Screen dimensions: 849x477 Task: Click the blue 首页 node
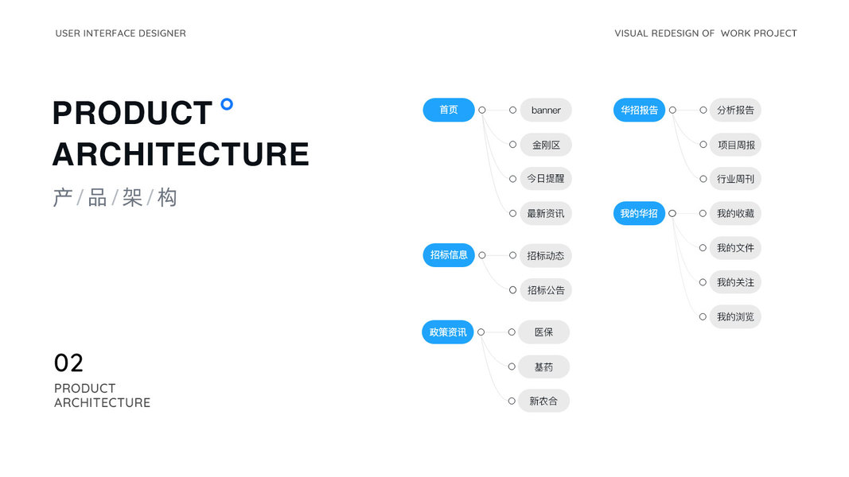(449, 110)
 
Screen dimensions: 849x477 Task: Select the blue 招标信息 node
(449, 255)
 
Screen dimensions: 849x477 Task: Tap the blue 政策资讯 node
(448, 332)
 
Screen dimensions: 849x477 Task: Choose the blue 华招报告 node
(639, 110)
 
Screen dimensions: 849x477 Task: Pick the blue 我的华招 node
(639, 213)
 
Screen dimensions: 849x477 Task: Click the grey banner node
(546, 110)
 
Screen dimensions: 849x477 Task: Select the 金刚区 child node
(546, 145)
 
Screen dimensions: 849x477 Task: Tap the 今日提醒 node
(546, 179)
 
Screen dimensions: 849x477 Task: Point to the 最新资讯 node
(546, 213)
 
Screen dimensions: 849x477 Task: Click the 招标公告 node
(546, 290)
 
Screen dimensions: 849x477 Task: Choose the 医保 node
(544, 332)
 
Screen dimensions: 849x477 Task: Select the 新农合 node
(544, 401)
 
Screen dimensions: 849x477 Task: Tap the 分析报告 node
(735, 110)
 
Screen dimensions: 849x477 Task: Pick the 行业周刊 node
(735, 179)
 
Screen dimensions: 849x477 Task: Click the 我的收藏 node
(735, 213)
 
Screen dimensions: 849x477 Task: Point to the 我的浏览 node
(735, 316)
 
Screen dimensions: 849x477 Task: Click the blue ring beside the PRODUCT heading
(227, 103)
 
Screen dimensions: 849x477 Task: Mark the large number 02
(68, 363)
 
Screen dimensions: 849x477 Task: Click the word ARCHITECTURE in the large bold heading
(181, 154)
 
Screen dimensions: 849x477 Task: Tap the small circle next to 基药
(512, 366)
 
